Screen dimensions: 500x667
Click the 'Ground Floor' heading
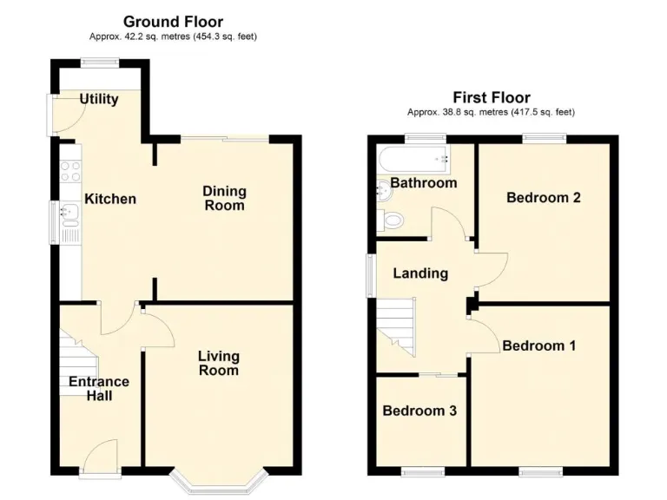pos(173,22)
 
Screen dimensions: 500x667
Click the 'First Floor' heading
pos(491,97)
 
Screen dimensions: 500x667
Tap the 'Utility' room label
pos(99,99)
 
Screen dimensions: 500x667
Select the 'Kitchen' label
pos(110,199)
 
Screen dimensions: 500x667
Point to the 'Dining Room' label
pos(224,198)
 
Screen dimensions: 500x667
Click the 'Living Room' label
pos(218,363)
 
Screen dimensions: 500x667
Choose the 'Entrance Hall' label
pos(99,388)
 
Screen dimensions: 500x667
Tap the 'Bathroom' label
pos(423,183)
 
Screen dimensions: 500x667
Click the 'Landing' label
pos(420,273)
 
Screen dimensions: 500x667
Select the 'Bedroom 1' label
pos(538,345)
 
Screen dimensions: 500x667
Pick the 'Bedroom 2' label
pos(544,197)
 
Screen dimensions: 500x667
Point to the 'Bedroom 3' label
pos(419,411)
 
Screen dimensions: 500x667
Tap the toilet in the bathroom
pos(391,220)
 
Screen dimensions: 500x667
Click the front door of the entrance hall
pos(102,457)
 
